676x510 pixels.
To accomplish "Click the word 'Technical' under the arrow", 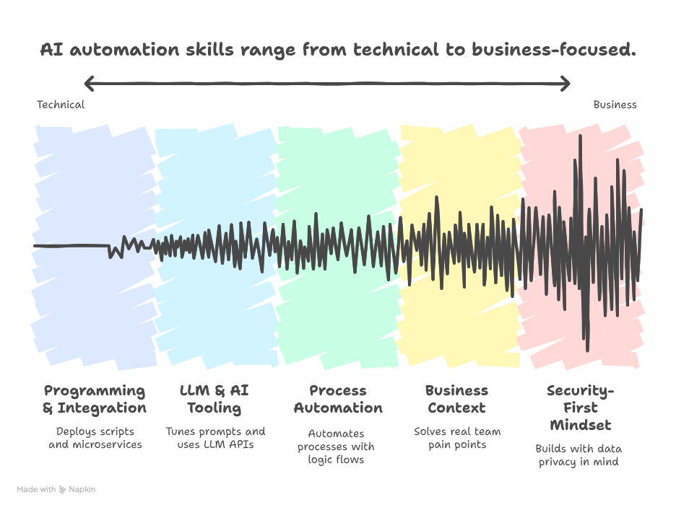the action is click(x=61, y=105).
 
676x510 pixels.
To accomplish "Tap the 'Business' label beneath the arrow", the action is click(x=615, y=105).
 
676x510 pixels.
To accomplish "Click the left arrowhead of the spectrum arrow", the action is click(x=89, y=84).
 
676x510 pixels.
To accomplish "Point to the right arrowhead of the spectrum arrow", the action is click(x=565, y=84).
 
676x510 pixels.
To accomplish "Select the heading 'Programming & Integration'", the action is click(x=95, y=400).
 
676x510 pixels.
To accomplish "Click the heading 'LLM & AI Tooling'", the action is click(x=214, y=400).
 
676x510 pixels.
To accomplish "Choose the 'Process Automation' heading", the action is click(x=338, y=400).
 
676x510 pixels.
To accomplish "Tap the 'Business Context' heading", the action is click(x=456, y=400).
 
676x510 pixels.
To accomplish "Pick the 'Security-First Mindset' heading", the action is click(x=580, y=408).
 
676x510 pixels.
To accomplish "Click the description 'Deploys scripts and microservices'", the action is click(x=95, y=438).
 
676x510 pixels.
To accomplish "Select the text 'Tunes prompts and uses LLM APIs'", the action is click(x=215, y=438).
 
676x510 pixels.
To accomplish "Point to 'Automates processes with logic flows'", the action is click(x=336, y=447).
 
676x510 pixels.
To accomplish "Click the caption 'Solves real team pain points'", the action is click(x=457, y=438).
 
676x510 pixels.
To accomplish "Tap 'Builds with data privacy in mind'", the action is click(x=578, y=455).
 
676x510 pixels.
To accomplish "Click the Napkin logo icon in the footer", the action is click(x=63, y=489).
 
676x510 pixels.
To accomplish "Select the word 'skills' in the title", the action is click(x=209, y=50).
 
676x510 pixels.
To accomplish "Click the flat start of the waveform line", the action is click(x=71, y=246).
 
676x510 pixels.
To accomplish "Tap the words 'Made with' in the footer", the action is click(x=36, y=489).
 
